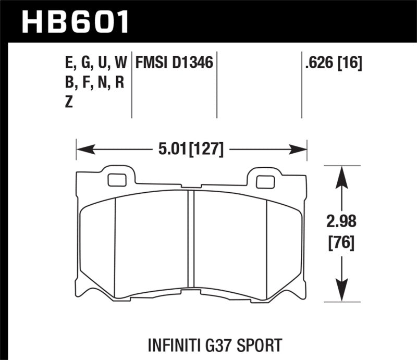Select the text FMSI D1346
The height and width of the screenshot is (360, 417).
point(174,64)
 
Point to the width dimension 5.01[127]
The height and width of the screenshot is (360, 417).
point(192,150)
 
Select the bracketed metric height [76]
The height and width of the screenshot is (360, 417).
point(341,242)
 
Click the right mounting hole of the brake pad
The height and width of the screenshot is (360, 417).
point(265,182)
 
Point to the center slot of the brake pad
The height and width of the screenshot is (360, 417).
point(190,242)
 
